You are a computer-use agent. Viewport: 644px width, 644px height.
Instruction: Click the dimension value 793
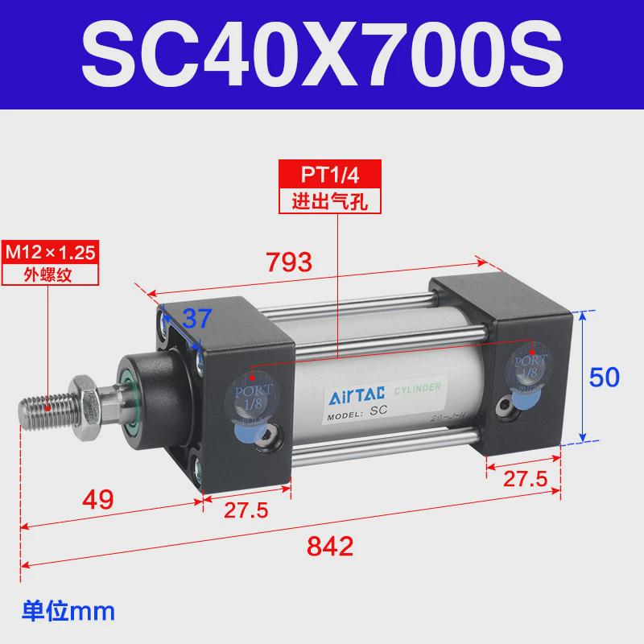(289, 262)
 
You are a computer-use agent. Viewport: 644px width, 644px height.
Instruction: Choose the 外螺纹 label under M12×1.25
(50, 274)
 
